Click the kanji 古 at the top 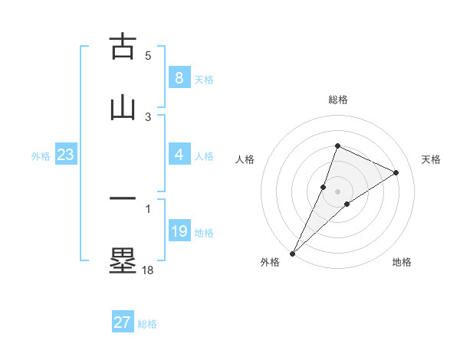click(x=123, y=47)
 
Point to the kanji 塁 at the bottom click(x=123, y=260)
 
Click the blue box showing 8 click(x=179, y=77)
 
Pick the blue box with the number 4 click(x=179, y=155)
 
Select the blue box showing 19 click(x=179, y=231)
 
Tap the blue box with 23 click(x=66, y=155)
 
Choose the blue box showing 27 click(x=123, y=322)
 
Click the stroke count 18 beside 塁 click(x=147, y=270)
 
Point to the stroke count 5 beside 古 click(x=148, y=56)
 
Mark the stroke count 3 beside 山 click(x=148, y=116)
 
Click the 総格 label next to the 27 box click(x=147, y=324)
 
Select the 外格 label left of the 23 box click(x=41, y=156)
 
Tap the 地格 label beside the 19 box click(x=204, y=233)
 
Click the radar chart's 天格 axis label click(x=431, y=159)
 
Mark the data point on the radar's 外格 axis click(x=292, y=253)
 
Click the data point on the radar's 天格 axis click(x=396, y=172)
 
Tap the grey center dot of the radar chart click(x=337, y=191)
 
